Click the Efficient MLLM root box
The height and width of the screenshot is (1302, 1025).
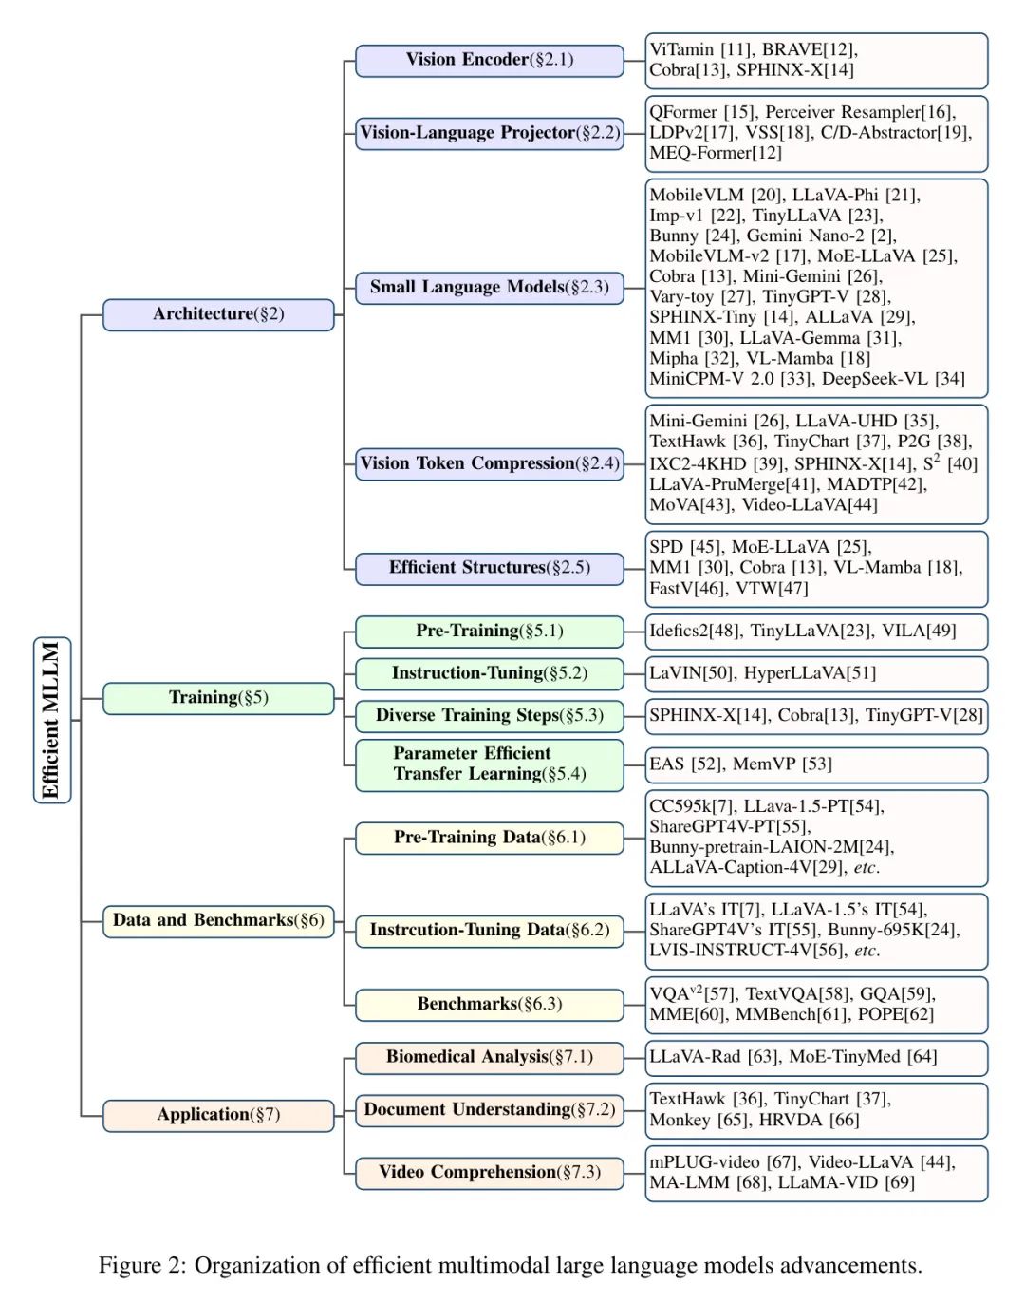click(x=52, y=720)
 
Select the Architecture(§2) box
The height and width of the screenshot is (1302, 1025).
click(x=218, y=314)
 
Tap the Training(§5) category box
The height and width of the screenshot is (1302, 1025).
click(x=218, y=698)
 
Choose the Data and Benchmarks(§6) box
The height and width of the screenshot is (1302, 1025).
click(x=218, y=920)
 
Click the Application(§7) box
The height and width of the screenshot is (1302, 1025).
click(x=218, y=1115)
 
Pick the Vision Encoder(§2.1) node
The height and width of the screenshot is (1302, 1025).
click(x=490, y=60)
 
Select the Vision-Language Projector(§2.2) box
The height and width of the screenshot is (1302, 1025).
click(x=490, y=133)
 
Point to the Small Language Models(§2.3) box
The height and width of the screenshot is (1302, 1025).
click(x=490, y=287)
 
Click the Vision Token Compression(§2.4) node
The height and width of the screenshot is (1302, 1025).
click(x=490, y=463)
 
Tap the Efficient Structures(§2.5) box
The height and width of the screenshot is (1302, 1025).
click(x=490, y=568)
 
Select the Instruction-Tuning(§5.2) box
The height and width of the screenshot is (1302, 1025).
click(x=490, y=673)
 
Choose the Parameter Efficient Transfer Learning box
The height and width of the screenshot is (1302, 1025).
click(x=490, y=764)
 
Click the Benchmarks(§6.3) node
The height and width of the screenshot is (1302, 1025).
click(x=490, y=1004)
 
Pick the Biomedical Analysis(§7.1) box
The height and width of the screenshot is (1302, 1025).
click(x=490, y=1057)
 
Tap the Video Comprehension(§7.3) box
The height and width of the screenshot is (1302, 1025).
click(x=490, y=1172)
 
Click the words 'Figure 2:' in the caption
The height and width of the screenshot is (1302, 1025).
click(x=142, y=1266)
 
